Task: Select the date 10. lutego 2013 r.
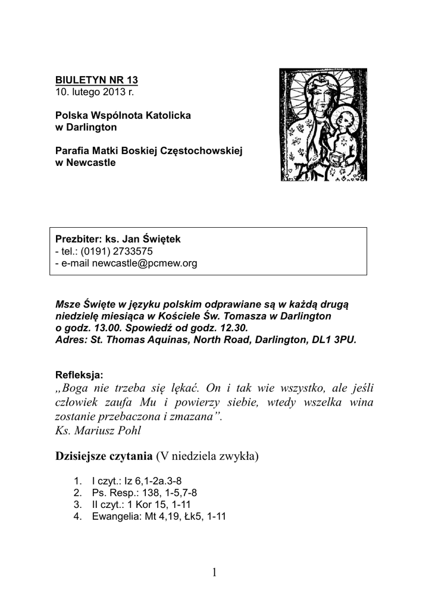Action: point(95,92)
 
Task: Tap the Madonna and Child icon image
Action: point(324,124)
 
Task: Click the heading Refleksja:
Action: point(79,375)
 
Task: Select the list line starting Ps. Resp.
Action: point(144,492)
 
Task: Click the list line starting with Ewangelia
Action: point(158,516)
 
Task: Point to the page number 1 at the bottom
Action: point(214,573)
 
